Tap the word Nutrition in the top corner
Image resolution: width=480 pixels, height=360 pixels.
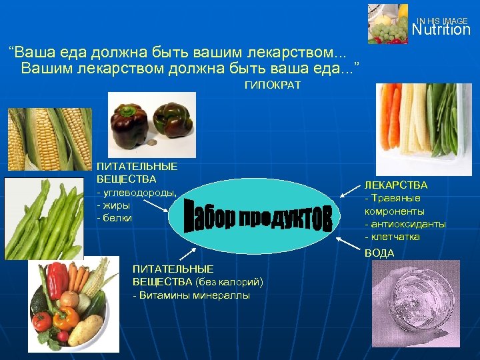pos(441,30)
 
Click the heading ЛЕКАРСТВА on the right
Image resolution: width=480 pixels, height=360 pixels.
pos(395,185)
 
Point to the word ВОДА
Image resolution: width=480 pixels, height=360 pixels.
pos(379,253)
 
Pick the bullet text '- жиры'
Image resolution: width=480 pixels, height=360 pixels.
pos(114,205)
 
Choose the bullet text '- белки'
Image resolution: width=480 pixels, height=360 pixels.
pos(115,218)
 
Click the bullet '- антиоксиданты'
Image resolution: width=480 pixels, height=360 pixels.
pos(405,224)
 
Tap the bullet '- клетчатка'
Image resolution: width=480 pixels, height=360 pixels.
pos(392,237)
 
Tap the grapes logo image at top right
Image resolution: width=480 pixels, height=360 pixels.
pos(387,23)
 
